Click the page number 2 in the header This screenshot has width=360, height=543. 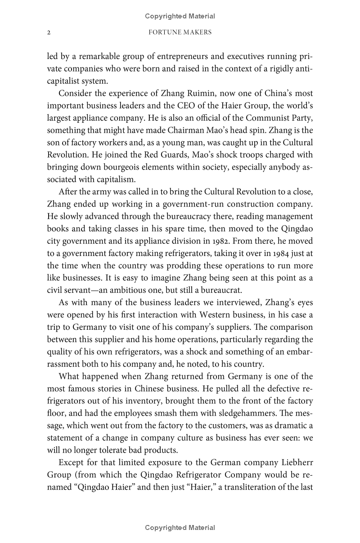pos(49,33)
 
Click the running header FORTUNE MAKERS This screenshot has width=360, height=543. pos(180,33)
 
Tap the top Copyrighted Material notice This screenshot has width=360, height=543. pos(180,16)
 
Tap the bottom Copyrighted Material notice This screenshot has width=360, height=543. pos(180,528)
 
